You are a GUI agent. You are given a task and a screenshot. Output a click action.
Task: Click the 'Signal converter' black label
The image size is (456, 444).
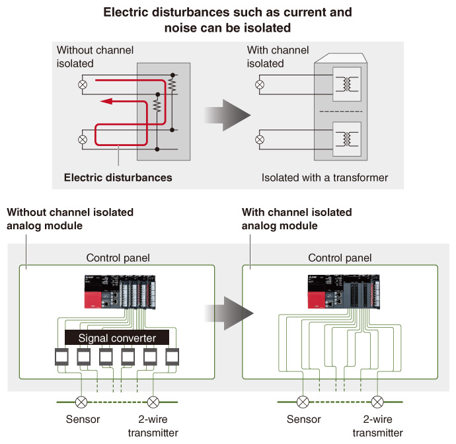(116, 338)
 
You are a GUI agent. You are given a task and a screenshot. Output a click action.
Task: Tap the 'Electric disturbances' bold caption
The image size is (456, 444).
(118, 178)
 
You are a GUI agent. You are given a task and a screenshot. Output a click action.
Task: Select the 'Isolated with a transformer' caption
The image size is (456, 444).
(324, 178)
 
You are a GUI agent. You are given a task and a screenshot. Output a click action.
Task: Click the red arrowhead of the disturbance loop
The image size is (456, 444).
(106, 102)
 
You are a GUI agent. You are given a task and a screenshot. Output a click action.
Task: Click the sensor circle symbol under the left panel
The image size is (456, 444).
(81, 401)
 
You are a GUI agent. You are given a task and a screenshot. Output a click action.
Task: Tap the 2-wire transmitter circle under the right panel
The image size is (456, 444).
(377, 401)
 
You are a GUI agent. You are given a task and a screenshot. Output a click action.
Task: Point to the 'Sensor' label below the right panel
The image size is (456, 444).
(303, 420)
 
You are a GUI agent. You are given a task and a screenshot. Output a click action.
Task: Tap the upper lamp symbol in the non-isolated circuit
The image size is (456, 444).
(83, 85)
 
